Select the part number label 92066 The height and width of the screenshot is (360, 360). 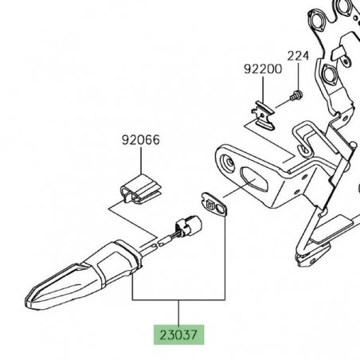pyautogui.click(x=141, y=141)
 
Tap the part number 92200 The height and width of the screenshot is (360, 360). pyautogui.click(x=263, y=69)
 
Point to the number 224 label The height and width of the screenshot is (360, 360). pyautogui.click(x=297, y=56)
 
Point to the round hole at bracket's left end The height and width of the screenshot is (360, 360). pyautogui.click(x=230, y=163)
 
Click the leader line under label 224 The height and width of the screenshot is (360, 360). pyautogui.click(x=297, y=76)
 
